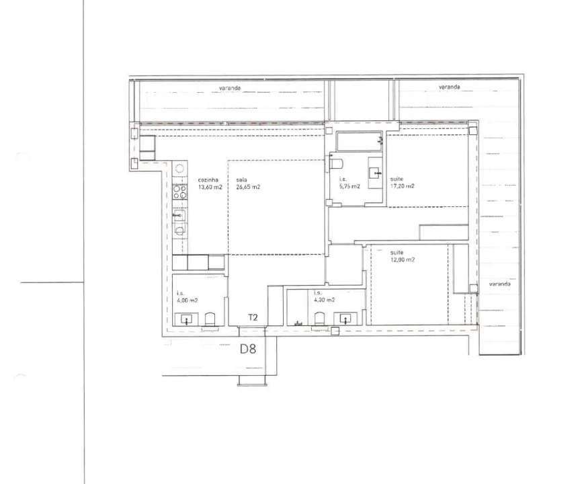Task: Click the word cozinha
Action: point(208,180)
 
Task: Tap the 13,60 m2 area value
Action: point(210,187)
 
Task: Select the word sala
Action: point(242,180)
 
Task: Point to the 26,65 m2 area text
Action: point(248,187)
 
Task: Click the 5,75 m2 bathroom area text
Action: point(349,186)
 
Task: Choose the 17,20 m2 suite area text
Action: point(403,186)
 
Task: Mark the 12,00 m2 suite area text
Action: point(403,260)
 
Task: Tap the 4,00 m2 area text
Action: point(187,300)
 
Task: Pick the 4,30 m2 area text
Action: point(325,300)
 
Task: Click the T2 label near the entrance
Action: point(253,317)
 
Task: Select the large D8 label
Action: point(248,349)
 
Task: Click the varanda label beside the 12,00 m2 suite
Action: point(499,284)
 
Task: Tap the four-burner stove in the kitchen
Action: point(179,192)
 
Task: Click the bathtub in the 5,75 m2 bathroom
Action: point(360,141)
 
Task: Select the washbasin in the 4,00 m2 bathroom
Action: point(186,319)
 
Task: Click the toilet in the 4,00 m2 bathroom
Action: point(210,319)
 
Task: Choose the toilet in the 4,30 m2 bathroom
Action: point(320,319)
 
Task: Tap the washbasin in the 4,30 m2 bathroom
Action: point(345,319)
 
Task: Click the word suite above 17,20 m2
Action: point(397,179)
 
